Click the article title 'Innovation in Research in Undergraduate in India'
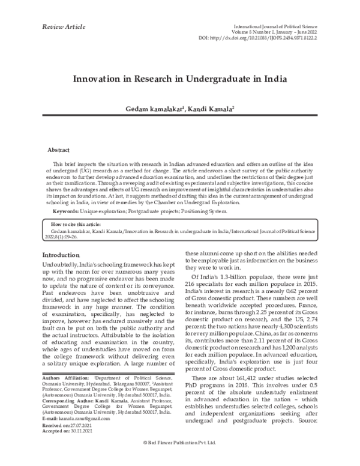[179, 79]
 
